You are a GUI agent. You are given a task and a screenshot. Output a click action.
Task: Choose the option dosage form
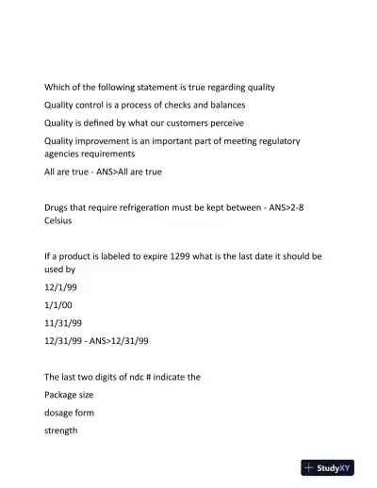(69, 412)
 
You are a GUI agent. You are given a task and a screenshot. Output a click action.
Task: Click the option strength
(61, 431)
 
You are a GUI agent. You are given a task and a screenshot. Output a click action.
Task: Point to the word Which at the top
(58, 87)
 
